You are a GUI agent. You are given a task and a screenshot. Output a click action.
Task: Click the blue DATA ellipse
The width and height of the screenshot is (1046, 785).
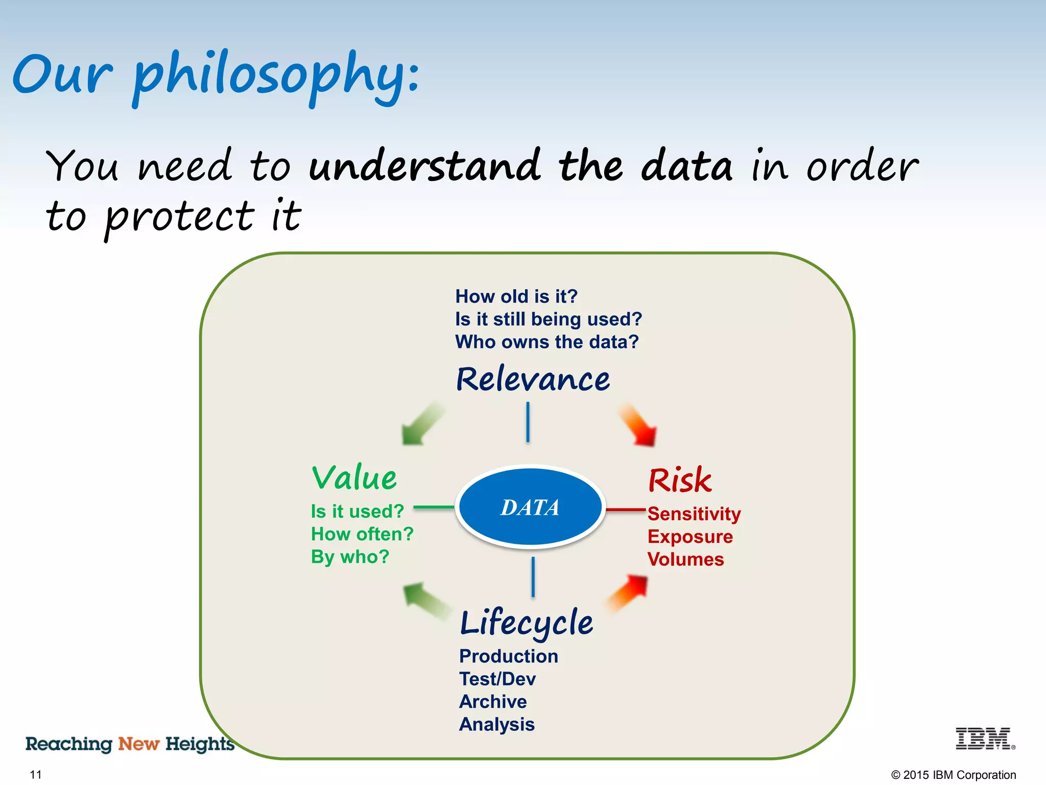tap(530, 507)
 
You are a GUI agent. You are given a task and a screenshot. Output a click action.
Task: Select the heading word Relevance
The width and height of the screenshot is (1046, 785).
tap(533, 379)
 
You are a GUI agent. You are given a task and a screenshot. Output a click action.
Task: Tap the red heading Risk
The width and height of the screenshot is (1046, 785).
tap(679, 480)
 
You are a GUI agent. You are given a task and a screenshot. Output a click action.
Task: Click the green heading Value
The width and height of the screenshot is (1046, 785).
tap(354, 478)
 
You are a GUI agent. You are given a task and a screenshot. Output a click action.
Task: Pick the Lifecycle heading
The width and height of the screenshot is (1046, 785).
tap(526, 622)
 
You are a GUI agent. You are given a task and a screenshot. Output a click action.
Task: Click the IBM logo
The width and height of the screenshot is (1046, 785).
tap(984, 738)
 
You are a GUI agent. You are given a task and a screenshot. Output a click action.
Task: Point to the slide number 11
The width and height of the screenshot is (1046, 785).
tap(36, 774)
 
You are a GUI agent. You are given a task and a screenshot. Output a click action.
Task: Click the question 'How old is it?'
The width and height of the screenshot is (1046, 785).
tap(516, 296)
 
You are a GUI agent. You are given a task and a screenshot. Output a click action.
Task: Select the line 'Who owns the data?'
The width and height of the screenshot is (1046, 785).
tap(546, 342)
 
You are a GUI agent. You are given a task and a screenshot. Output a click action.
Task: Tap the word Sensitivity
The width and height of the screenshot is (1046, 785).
tap(694, 514)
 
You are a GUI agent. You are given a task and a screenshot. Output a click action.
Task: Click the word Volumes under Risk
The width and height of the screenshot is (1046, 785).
tap(685, 559)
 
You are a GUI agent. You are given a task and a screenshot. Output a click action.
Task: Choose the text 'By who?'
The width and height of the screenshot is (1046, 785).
tap(350, 557)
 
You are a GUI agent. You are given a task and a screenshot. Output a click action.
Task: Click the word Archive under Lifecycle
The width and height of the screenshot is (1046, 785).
tap(493, 702)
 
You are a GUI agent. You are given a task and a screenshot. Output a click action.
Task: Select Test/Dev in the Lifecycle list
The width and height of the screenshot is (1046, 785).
tap(497, 679)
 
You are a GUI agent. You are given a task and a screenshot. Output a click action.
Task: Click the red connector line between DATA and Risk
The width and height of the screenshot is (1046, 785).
tap(626, 510)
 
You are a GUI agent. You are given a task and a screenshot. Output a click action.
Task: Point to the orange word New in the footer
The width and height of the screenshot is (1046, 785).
tap(139, 744)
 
